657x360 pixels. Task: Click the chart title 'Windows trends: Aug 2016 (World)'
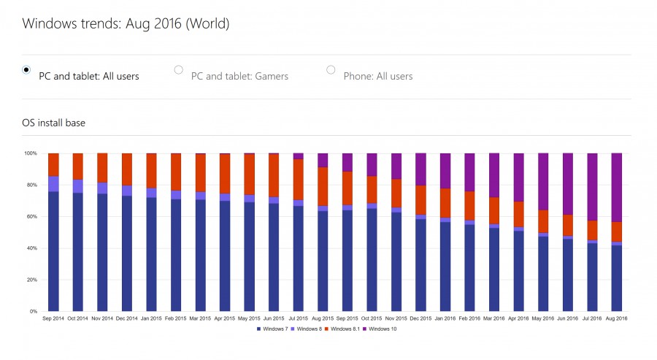click(x=126, y=23)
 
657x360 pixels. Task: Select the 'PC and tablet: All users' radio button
click(x=26, y=70)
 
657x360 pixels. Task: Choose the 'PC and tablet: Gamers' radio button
click(x=178, y=70)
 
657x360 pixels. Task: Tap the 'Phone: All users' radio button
click(x=331, y=70)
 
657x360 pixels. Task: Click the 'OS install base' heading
click(x=53, y=123)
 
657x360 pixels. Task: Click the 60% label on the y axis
click(x=31, y=217)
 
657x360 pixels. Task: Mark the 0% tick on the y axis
click(x=33, y=312)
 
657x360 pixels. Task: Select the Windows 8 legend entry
click(x=309, y=329)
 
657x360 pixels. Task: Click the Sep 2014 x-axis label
click(x=53, y=319)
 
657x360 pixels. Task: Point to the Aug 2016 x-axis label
click(x=616, y=319)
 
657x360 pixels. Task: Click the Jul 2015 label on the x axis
click(x=298, y=319)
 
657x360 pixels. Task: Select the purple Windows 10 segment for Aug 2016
click(x=616, y=187)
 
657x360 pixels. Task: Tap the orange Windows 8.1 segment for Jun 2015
click(x=274, y=175)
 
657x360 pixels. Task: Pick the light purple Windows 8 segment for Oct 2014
click(x=77, y=186)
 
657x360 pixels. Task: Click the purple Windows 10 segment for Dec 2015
click(x=420, y=169)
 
